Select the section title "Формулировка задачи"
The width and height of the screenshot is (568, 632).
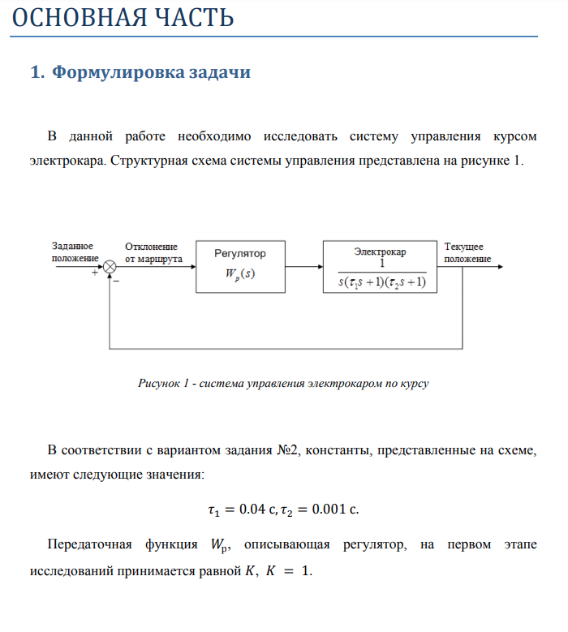150,72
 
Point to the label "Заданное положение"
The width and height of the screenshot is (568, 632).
72,252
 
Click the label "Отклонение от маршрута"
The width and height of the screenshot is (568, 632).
153,252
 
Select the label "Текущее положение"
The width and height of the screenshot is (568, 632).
467,252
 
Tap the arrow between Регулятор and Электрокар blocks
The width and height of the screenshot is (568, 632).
303,266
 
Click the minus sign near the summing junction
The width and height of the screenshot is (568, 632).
116,282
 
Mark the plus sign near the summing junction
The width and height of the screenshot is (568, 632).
95,274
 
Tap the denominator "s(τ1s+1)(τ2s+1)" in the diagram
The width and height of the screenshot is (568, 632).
381,282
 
